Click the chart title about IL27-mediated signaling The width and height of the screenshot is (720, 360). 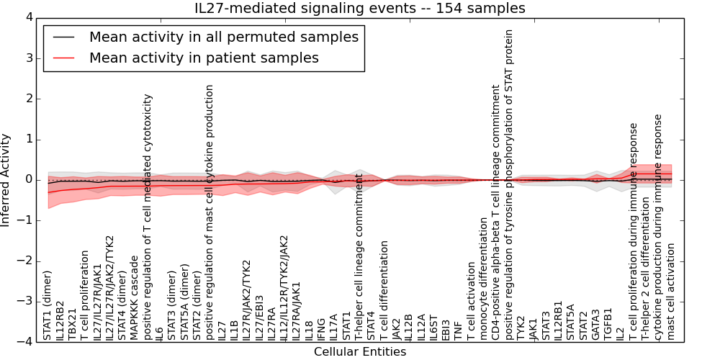(x=360, y=8)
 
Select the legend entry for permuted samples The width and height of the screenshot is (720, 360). (x=223, y=37)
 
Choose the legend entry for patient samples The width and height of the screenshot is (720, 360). (x=204, y=58)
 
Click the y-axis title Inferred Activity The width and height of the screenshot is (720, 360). (x=6, y=179)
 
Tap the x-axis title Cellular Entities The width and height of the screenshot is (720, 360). (x=360, y=352)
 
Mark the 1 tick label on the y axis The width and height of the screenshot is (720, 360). (x=30, y=139)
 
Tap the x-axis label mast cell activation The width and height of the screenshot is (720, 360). (x=670, y=291)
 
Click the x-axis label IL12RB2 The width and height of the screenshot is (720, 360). (x=60, y=320)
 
